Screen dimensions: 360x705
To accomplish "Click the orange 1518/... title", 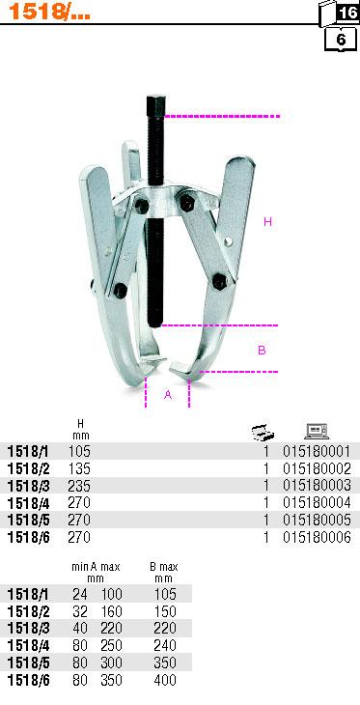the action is coord(49,12).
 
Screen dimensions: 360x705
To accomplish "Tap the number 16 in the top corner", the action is coord(348,13).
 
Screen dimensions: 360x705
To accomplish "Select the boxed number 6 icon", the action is coord(341,40).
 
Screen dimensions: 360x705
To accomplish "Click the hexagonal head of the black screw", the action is coord(155,104).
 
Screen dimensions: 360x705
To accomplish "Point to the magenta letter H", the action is coord(268,222).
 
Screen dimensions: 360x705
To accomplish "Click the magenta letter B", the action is coord(262,350).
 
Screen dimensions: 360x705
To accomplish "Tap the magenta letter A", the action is coord(168,395).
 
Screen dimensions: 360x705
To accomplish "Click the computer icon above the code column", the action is coord(317,431).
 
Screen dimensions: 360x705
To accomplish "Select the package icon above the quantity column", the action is coord(263,432).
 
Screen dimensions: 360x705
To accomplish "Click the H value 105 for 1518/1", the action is coord(79,451).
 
